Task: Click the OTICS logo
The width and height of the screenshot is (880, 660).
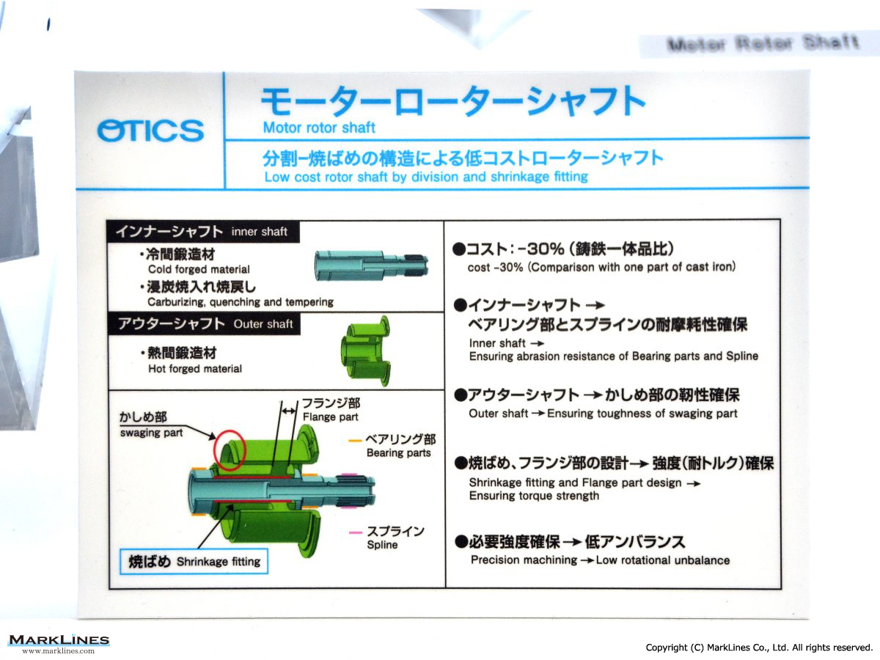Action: [x=150, y=131]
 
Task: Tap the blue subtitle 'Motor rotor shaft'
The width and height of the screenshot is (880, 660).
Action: [x=319, y=128]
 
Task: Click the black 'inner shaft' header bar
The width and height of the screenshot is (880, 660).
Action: [x=203, y=232]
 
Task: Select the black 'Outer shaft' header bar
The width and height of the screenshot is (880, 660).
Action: [x=204, y=323]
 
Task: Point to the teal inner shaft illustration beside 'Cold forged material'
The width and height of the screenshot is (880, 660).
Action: [x=371, y=265]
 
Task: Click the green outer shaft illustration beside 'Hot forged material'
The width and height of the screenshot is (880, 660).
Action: [x=366, y=351]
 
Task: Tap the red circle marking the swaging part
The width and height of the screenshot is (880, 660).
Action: [x=229, y=450]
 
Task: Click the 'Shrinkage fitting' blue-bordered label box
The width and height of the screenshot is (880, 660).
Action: [x=194, y=562]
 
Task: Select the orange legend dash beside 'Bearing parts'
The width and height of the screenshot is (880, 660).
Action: [x=355, y=441]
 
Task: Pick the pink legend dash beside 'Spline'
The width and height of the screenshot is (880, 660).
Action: [x=356, y=532]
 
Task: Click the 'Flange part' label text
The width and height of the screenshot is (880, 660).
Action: [x=330, y=417]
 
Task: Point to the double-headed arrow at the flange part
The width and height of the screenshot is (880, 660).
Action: [x=289, y=411]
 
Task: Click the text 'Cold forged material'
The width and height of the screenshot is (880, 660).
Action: [x=199, y=269]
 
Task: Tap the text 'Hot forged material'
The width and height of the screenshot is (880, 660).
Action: [x=195, y=369]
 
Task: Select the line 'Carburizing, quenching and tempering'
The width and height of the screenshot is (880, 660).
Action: [x=241, y=301]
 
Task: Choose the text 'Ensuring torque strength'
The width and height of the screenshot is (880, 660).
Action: [x=534, y=496]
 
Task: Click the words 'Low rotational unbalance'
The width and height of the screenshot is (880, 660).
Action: [x=663, y=560]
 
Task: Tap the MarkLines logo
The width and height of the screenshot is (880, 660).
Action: [x=59, y=643]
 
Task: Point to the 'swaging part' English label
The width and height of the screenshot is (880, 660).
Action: [x=151, y=433]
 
